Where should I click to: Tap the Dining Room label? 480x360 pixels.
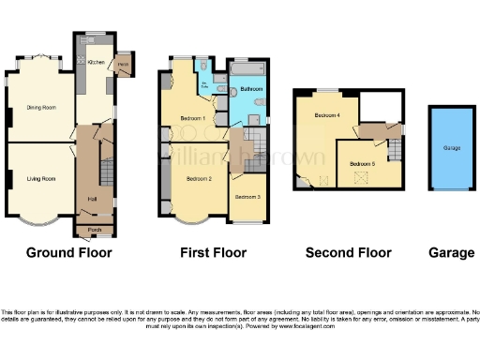(x=40, y=108)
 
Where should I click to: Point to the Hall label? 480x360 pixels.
(x=92, y=199)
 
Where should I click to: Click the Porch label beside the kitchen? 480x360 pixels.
(x=123, y=65)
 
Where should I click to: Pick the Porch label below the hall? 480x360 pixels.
(x=94, y=229)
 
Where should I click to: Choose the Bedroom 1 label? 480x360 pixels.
(x=193, y=119)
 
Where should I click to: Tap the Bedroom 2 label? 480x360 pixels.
(x=199, y=178)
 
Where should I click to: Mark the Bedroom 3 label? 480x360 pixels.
(x=247, y=197)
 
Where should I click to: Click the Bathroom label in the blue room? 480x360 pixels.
(x=251, y=89)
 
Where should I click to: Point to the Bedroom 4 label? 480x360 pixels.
(x=326, y=115)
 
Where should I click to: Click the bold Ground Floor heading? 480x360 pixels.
(x=68, y=252)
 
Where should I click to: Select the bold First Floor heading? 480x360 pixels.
(x=213, y=252)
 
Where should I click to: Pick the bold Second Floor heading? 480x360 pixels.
(x=348, y=252)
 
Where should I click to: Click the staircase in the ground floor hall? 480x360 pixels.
(x=106, y=173)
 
